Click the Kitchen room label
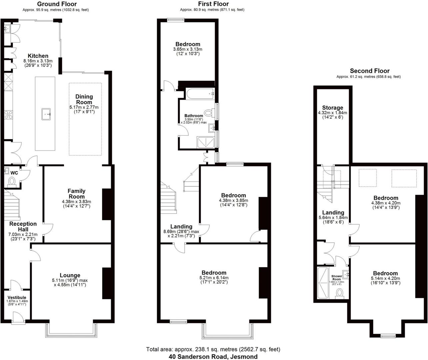(38, 56)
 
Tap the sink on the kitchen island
(46, 114)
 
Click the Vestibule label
(17, 297)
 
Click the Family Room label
(76, 194)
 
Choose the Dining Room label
(84, 99)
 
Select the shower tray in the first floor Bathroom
(206, 142)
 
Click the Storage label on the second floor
(332, 108)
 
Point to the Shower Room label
(337, 278)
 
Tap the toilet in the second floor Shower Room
(340, 293)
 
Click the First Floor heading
(213, 4)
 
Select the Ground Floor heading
(57, 4)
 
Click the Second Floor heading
(370, 71)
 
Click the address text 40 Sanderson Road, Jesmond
(213, 357)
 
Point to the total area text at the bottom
(213, 349)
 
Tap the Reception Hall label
(23, 226)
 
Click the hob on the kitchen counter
(8, 115)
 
